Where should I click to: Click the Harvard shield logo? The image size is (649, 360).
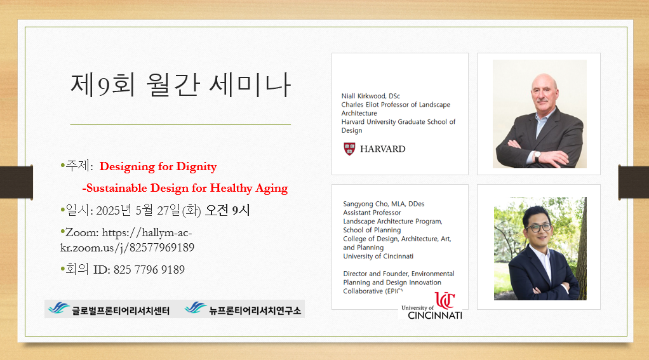pos(349,149)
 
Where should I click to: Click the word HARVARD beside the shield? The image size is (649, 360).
pos(383,149)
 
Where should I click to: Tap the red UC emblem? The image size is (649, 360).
pos(445,300)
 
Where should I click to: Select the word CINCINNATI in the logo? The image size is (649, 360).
pos(435,316)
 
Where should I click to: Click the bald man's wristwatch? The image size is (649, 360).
pos(537,156)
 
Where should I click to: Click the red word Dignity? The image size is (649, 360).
pos(197,167)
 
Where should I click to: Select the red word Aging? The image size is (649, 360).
pos(272,189)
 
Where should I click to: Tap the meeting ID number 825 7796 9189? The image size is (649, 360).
pos(149,270)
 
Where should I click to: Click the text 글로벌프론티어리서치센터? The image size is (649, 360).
pos(121,310)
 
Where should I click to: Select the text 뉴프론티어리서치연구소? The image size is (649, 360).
pos(255,310)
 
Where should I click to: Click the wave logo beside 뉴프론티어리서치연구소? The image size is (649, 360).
pos(196,308)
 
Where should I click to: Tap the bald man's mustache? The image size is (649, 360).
pos(543,100)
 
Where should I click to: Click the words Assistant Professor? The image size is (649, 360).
pos(372,213)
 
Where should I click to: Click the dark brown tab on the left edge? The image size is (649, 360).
pos(17,182)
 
